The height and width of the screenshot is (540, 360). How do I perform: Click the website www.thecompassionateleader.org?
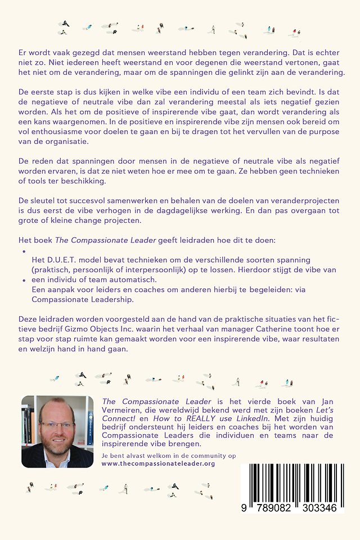click(158, 463)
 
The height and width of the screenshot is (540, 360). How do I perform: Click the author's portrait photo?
click(57, 431)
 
